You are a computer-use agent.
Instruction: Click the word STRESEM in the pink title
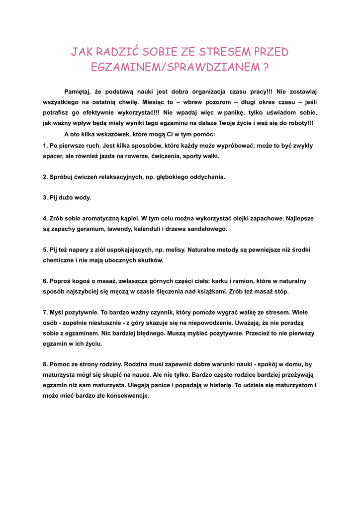point(225,52)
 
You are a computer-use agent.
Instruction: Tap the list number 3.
point(45,198)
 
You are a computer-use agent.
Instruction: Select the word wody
point(83,198)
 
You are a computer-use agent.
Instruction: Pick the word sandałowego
point(206,229)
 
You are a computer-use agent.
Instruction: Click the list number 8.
point(45,364)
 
